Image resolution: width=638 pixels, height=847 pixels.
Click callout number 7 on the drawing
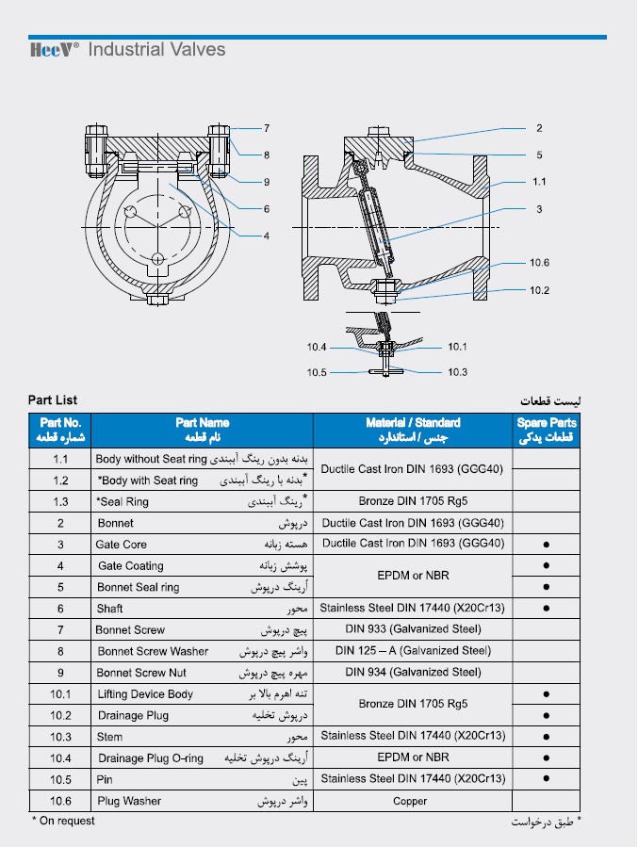(x=267, y=128)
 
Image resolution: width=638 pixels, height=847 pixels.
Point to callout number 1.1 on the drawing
(x=539, y=181)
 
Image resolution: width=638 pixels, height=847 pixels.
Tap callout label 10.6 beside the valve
(x=539, y=263)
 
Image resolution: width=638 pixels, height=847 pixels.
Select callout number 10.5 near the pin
(x=317, y=372)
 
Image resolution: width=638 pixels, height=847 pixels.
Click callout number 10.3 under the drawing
(x=457, y=372)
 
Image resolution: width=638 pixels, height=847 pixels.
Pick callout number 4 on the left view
(x=267, y=236)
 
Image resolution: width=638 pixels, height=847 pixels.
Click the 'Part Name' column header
(x=202, y=430)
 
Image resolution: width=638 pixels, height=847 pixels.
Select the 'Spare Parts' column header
(x=547, y=430)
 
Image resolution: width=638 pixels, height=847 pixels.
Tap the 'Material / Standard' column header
(x=413, y=430)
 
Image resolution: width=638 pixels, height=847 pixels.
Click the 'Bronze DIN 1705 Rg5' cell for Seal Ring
(x=413, y=501)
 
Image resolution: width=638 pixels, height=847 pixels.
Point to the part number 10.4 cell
(x=60, y=757)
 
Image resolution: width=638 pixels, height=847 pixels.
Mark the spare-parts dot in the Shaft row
(x=547, y=609)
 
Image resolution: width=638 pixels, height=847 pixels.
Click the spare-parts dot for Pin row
(x=547, y=779)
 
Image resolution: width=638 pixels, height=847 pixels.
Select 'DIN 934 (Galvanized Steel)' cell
(x=413, y=673)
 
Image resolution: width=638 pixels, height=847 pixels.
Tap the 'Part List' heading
(x=53, y=400)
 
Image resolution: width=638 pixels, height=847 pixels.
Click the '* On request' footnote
(x=63, y=822)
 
